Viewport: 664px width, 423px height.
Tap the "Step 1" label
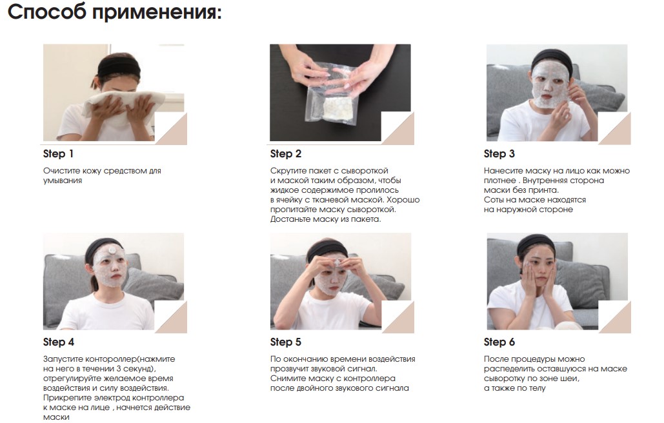click(x=59, y=154)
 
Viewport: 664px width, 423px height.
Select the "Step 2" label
click(x=286, y=154)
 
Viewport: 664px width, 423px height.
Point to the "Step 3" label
click(x=499, y=154)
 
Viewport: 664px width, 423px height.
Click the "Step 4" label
click(x=59, y=342)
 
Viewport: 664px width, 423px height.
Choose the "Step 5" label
click(x=286, y=342)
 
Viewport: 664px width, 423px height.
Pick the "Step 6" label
click(x=499, y=342)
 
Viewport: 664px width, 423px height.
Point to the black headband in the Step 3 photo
click(x=552, y=57)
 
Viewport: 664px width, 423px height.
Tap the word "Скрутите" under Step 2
click(x=288, y=171)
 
